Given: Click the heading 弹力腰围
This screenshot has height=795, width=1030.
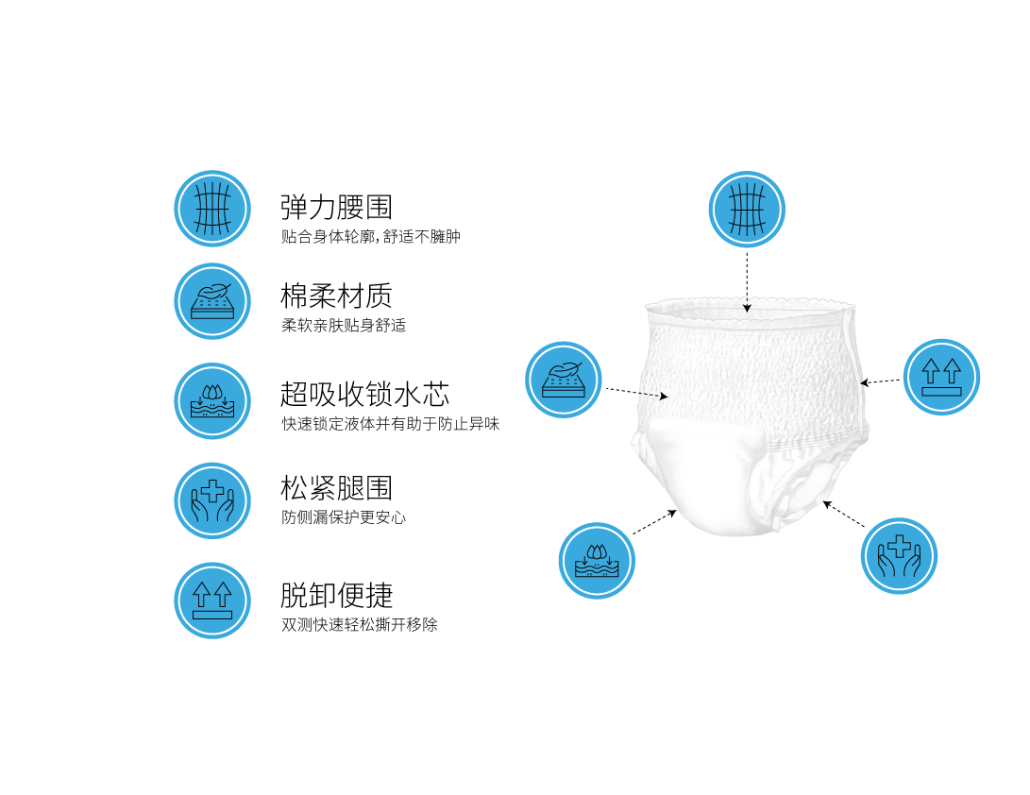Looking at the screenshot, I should tap(336, 207).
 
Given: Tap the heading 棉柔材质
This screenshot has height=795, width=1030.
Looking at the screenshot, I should tap(336, 296).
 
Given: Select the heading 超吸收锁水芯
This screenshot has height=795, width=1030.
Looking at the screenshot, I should tap(364, 393).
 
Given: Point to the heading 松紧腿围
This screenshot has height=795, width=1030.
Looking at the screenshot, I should tap(336, 488).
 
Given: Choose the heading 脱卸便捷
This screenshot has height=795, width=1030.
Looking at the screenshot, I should tap(336, 595).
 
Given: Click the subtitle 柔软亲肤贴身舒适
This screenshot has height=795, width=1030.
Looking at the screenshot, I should tap(344, 326).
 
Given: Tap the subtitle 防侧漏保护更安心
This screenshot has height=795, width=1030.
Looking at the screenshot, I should tap(344, 517).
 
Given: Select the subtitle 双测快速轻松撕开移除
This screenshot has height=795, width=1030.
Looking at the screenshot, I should tap(360, 624).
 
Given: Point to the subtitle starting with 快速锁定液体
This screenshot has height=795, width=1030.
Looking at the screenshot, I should tap(390, 424).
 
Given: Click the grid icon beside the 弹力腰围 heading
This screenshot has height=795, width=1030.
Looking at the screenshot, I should tap(212, 209).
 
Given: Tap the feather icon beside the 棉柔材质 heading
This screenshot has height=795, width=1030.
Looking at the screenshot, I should tap(212, 301).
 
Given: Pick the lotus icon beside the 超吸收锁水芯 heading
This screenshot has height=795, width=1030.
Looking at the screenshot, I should tap(212, 400).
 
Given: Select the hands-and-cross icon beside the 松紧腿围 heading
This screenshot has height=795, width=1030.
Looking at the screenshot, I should tap(212, 500).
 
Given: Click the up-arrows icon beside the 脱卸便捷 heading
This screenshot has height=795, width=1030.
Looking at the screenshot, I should tap(212, 600).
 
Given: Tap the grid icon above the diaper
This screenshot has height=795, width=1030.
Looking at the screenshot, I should tap(747, 209).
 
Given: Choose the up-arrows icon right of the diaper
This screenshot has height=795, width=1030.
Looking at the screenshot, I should tap(941, 377).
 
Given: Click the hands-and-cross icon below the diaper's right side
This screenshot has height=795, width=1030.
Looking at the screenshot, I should tap(899, 555).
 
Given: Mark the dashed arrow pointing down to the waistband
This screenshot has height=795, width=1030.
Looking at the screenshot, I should tap(747, 280).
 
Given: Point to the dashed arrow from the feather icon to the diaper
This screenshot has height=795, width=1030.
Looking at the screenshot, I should tap(636, 393).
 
